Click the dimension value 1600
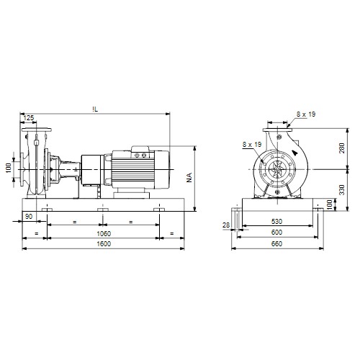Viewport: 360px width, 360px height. pos(104,244)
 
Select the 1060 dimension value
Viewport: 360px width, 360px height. pos(104,233)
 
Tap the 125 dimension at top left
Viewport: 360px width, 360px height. pos(29,118)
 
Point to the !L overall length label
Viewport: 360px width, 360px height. pos(95,109)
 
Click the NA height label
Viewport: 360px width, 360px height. pos(189,178)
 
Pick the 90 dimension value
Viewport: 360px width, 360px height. pos(29,216)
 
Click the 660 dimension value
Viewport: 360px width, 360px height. pos(276,244)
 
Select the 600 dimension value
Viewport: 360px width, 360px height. pos(276,233)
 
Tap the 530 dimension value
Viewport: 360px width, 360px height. pos(276,221)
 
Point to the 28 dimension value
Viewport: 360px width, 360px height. pos(226,225)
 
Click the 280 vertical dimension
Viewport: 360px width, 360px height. pos(342,148)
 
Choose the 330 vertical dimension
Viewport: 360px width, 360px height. pos(342,189)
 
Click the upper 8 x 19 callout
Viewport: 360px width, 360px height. pos(306,114)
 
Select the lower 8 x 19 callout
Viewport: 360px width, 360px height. pos(252,145)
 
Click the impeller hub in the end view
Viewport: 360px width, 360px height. pos(277,169)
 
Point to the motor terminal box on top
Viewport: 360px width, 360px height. pos(140,152)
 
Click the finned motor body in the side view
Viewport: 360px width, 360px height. pos(132,169)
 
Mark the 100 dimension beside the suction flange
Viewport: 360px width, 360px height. pos(9,168)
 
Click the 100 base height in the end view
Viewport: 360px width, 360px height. pos(330,204)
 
